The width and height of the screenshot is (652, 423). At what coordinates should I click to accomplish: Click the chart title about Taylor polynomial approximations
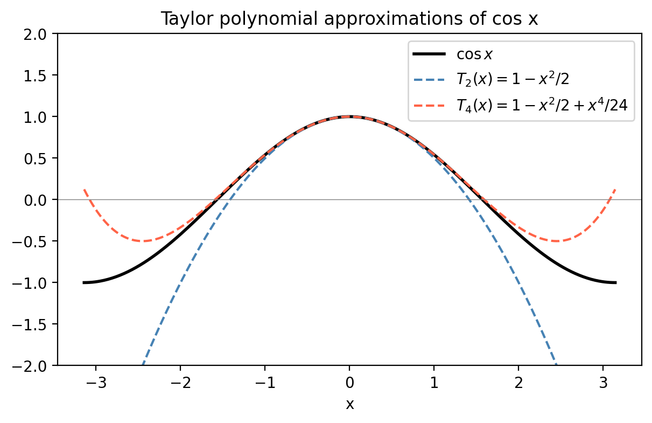(x=349, y=19)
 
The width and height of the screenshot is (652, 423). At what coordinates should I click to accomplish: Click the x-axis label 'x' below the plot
(x=349, y=405)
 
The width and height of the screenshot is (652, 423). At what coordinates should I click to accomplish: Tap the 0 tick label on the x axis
(x=349, y=384)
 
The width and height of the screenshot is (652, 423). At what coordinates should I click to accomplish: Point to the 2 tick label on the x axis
(x=518, y=384)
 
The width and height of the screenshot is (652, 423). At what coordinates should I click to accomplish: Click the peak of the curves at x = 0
(x=349, y=116)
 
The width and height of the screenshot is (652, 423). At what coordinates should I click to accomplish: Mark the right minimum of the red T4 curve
(x=556, y=241)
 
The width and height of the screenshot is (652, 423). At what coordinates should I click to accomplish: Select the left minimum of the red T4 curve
(x=143, y=241)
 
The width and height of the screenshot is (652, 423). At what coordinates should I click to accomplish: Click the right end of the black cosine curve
(x=615, y=282)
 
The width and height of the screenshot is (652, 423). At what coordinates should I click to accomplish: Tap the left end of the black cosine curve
(x=84, y=282)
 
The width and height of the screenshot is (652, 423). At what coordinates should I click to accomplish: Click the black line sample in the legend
(x=429, y=54)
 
